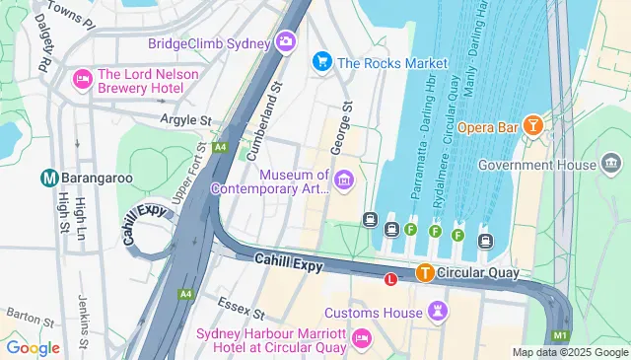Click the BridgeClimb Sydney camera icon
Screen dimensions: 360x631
pos(286,41)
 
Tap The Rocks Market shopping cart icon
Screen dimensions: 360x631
pos(321,62)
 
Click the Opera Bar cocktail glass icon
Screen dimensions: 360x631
pos(532,125)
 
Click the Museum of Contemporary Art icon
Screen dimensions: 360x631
pos(344,179)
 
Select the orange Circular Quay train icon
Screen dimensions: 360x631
pos(425,273)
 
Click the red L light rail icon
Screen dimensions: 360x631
pos(390,279)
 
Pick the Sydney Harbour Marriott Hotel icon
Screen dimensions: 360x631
pos(361,338)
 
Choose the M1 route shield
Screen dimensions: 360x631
pos(559,336)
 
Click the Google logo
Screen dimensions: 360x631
pos(33,347)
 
